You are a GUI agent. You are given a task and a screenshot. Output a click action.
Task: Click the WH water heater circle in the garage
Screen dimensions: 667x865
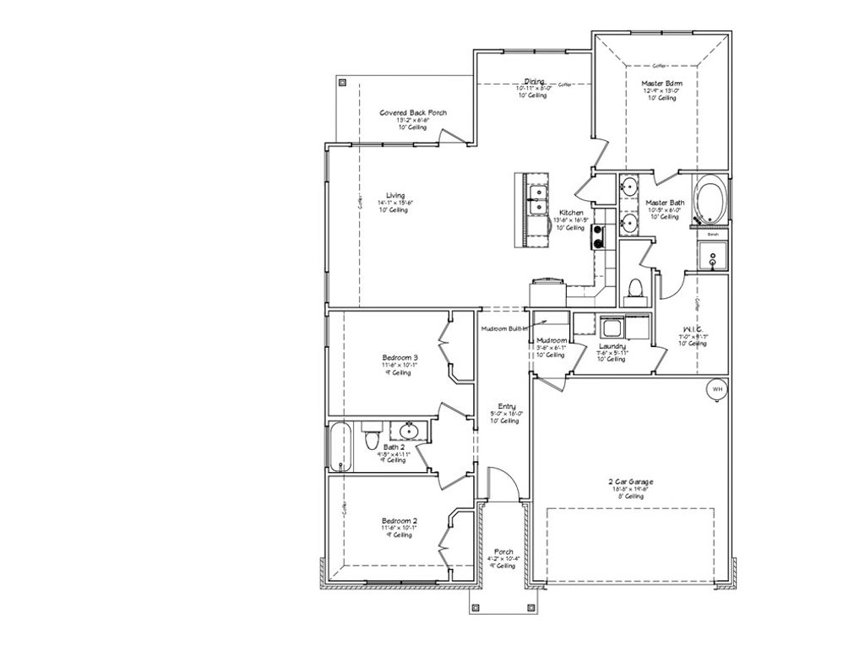[x=717, y=388]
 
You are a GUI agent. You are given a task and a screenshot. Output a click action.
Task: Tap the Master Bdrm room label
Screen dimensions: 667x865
[x=662, y=84]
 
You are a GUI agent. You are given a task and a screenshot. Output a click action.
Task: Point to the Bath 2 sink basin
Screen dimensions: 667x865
[x=410, y=432]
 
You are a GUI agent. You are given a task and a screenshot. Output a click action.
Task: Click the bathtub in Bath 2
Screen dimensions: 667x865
[x=339, y=446]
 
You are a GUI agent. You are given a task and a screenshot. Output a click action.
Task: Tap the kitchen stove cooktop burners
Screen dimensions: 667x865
[x=599, y=236]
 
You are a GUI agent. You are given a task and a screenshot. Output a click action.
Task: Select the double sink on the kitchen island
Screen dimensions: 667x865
[x=534, y=203]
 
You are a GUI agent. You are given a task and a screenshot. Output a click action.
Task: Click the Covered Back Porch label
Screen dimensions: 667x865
[x=413, y=112]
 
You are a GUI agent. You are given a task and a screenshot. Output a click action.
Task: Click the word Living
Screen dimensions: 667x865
[x=394, y=195]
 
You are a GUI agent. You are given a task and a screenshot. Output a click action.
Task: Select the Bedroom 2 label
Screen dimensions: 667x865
[x=400, y=520]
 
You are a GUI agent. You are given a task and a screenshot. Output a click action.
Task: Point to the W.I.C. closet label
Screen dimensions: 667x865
[x=691, y=328]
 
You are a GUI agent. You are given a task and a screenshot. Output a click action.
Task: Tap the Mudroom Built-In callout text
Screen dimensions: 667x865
[x=504, y=328]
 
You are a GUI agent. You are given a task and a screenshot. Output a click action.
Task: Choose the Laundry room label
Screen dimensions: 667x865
[x=612, y=346]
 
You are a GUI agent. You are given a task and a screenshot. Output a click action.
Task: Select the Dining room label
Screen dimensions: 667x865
[x=533, y=81]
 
